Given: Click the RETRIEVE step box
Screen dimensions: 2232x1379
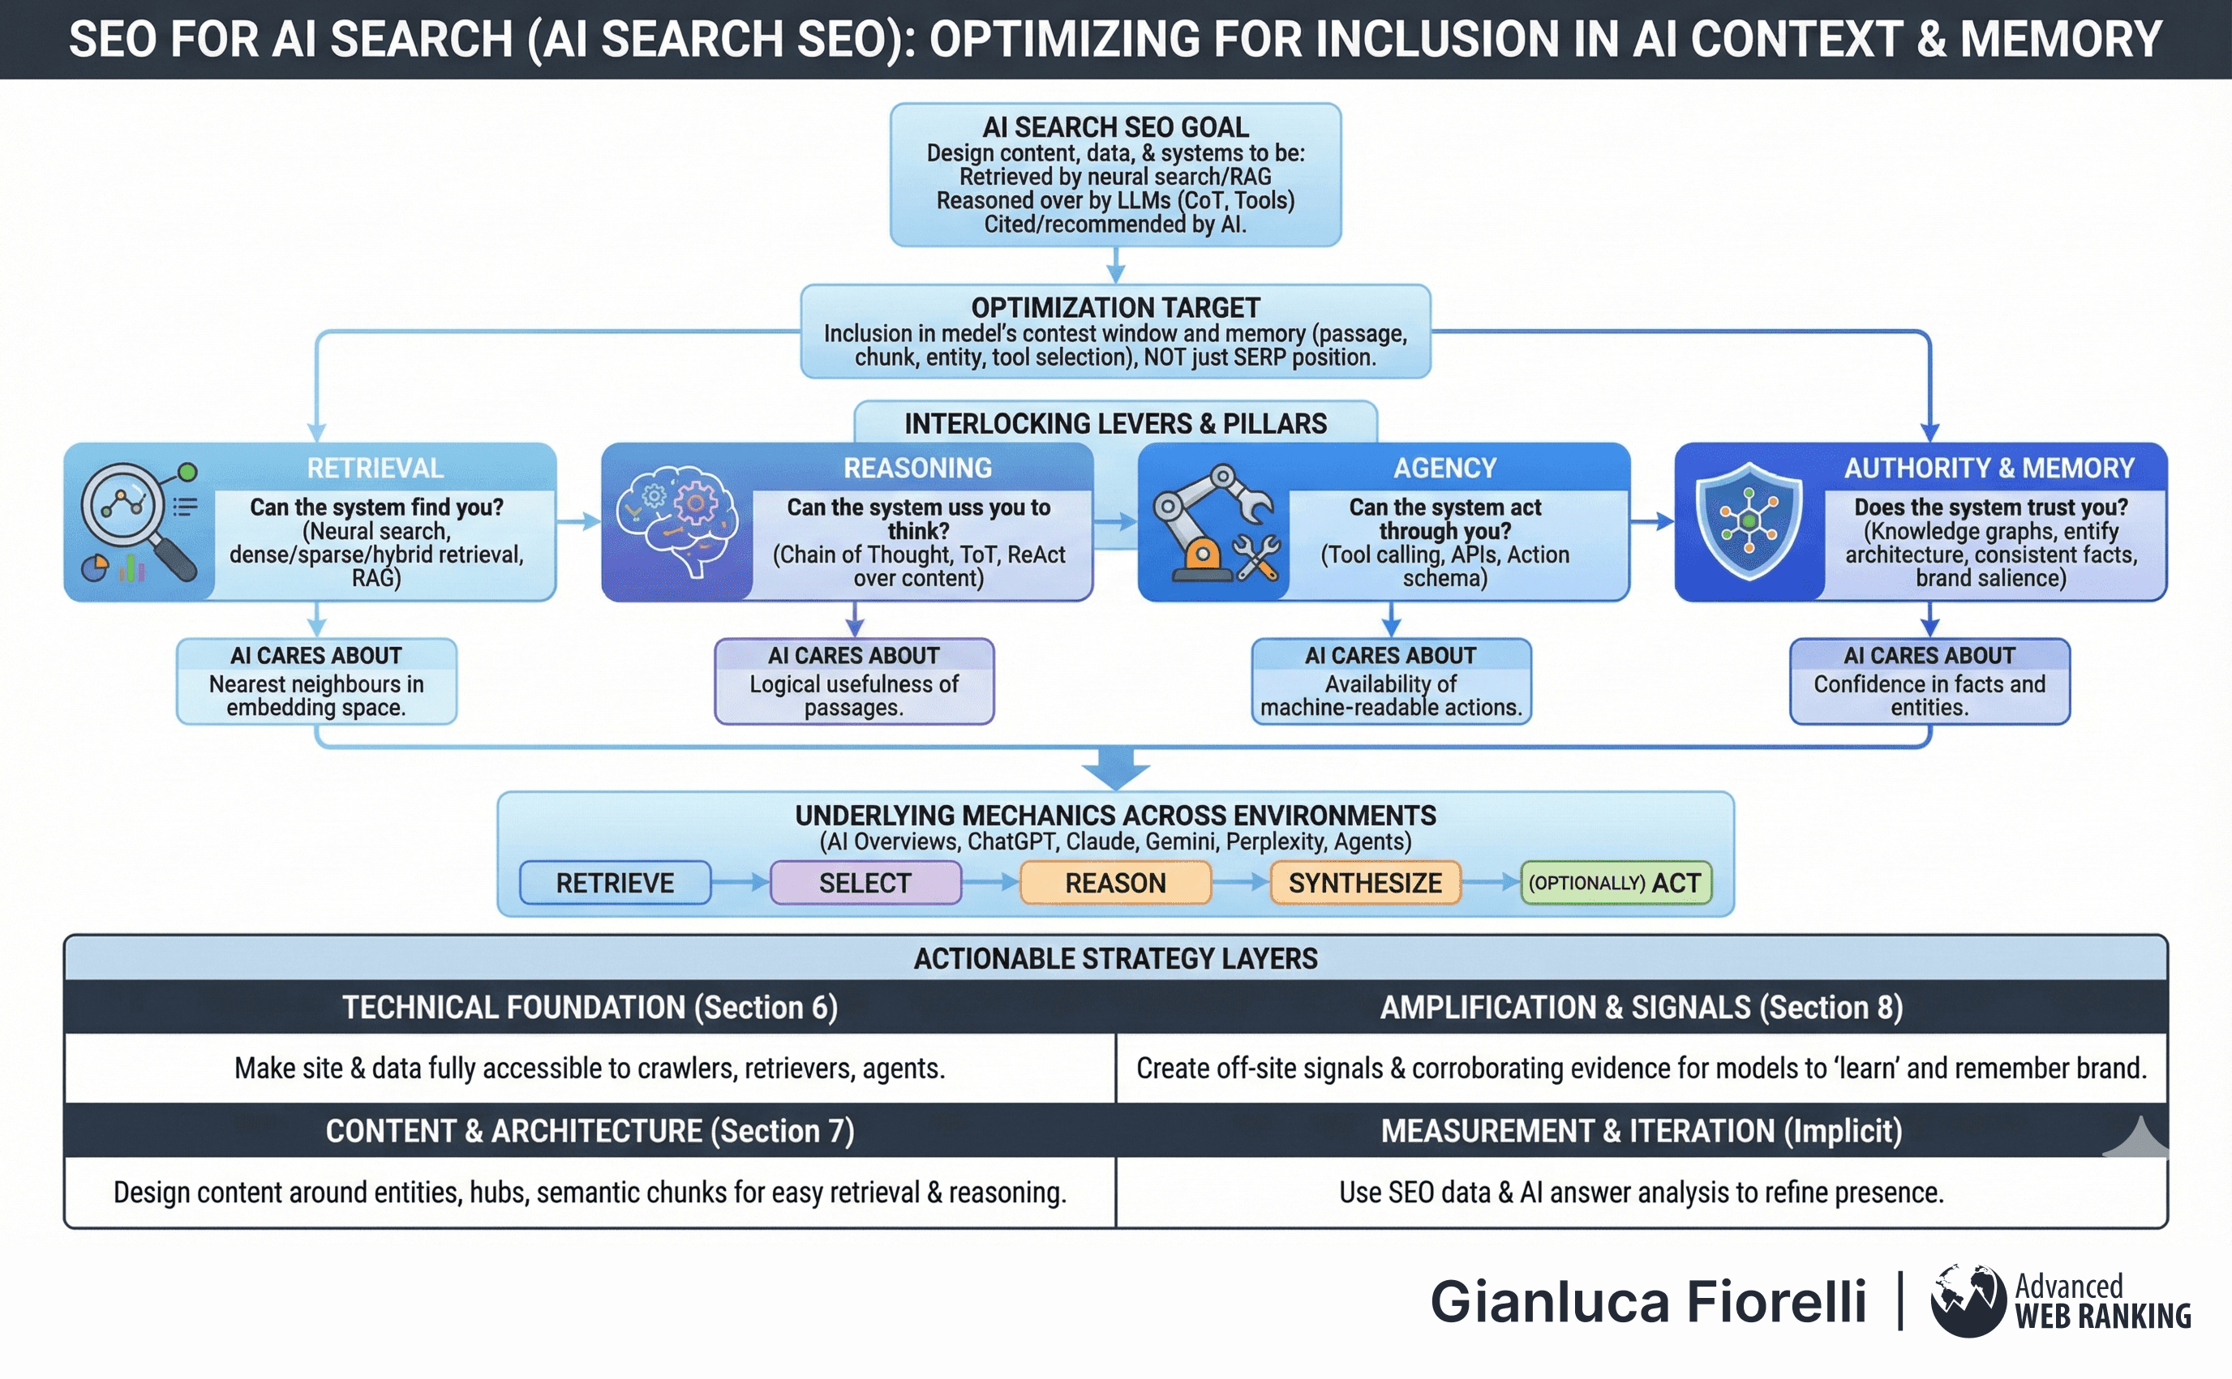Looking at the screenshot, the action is [615, 882].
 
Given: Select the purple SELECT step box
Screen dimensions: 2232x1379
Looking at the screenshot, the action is [865, 882].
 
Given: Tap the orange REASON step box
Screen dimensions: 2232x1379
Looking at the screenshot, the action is [1115, 882].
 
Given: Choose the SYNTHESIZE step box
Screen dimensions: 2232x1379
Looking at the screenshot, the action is [1366, 882].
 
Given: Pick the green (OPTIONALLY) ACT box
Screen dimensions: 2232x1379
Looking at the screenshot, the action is [1616, 882].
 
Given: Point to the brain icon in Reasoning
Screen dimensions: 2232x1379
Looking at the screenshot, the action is [676, 520].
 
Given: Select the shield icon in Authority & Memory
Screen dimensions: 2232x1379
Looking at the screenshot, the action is [1749, 520].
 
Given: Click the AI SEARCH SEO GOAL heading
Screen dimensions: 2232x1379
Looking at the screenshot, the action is [1115, 126].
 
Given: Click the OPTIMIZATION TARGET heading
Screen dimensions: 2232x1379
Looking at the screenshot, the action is [1115, 307].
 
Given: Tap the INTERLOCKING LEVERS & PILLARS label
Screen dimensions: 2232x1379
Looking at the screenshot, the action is [1115, 423].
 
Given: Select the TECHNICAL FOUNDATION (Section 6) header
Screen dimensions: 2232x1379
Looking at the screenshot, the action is [590, 1007].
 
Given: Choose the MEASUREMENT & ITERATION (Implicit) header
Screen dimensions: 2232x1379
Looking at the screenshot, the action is [1642, 1131].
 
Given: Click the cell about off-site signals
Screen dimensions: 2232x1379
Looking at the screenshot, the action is [1642, 1068].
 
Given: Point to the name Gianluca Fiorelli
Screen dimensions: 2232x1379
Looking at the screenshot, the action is [1648, 1301].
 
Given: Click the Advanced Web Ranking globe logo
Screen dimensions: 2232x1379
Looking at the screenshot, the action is [1968, 1300].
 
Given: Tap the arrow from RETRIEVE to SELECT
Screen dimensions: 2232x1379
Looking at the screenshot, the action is [740, 882].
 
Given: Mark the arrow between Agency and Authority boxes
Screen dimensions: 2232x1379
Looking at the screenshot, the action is [1652, 522].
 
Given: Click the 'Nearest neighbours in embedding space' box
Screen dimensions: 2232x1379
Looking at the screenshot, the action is [316, 681].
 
